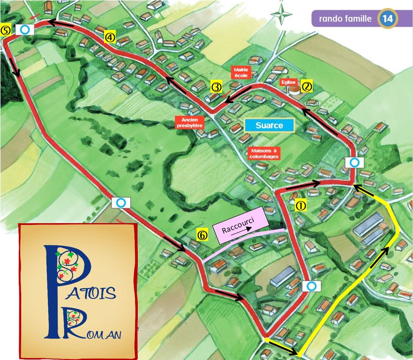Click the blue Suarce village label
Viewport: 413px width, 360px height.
pyautogui.click(x=270, y=126)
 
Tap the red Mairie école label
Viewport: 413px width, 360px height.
pyautogui.click(x=242, y=73)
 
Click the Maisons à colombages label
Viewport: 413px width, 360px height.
pyautogui.click(x=264, y=153)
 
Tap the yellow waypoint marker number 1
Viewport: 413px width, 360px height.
pyautogui.click(x=300, y=206)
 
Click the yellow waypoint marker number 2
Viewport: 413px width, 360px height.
pyautogui.click(x=307, y=86)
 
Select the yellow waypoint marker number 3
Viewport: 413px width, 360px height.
pyautogui.click(x=216, y=87)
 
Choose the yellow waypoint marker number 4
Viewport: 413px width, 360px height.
pyautogui.click(x=110, y=37)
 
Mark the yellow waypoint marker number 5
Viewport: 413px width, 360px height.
pyautogui.click(x=6, y=30)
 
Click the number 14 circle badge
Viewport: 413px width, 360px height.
pyautogui.click(x=388, y=19)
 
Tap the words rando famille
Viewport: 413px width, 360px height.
pyautogui.click(x=345, y=19)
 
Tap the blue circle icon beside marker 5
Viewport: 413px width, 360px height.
pyautogui.click(x=25, y=30)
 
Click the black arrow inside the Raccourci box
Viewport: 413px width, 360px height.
pyautogui.click(x=244, y=230)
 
